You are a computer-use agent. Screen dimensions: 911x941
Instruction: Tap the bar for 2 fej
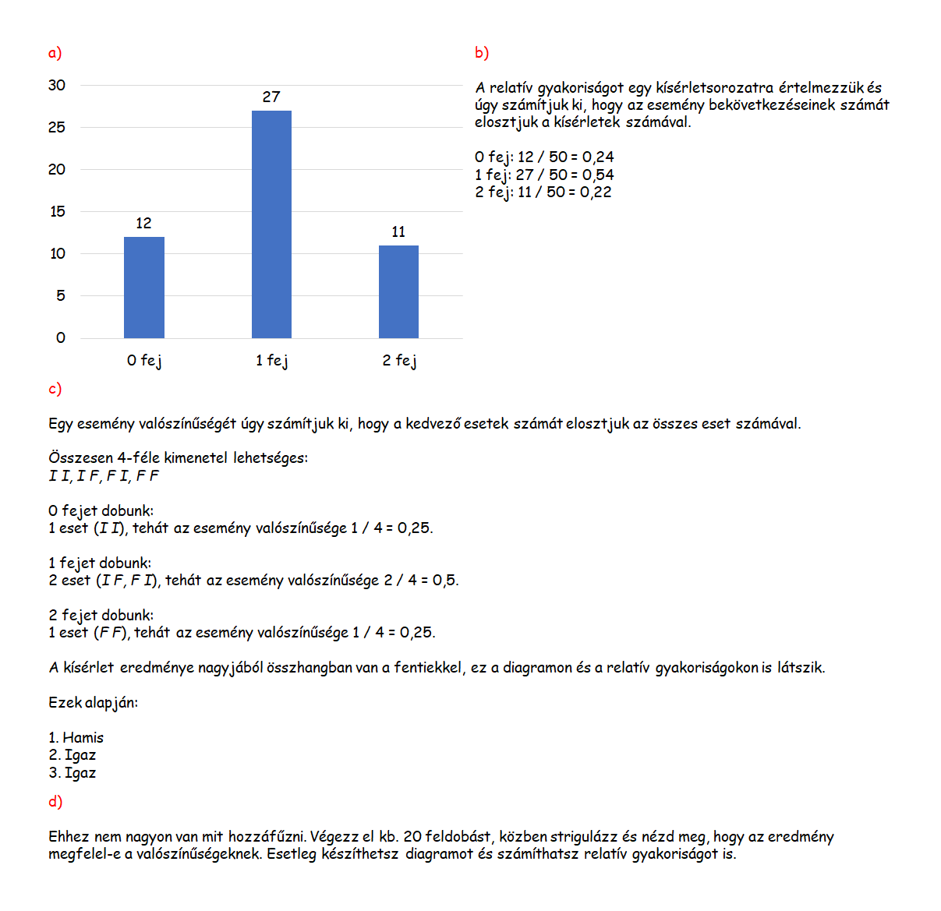click(398, 291)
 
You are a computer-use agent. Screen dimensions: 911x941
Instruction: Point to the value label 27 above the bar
click(271, 97)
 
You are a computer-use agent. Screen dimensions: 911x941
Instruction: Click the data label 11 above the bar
click(398, 231)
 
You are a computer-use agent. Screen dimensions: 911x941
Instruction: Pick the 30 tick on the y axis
click(57, 85)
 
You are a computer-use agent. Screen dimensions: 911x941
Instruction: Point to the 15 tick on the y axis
click(58, 211)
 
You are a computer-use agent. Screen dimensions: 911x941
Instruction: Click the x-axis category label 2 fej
click(399, 360)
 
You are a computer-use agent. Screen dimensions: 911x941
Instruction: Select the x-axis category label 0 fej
click(144, 360)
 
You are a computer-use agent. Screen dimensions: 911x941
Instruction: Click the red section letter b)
click(482, 52)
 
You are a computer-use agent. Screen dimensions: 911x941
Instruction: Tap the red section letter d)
click(55, 801)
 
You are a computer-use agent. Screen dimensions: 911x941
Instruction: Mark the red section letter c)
click(55, 388)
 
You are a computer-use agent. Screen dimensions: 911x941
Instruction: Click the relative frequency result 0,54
click(598, 175)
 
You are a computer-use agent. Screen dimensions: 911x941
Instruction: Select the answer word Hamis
click(83, 737)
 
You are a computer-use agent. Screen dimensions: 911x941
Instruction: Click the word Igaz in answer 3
click(80, 772)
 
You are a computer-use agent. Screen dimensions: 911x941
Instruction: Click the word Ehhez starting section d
click(69, 836)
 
